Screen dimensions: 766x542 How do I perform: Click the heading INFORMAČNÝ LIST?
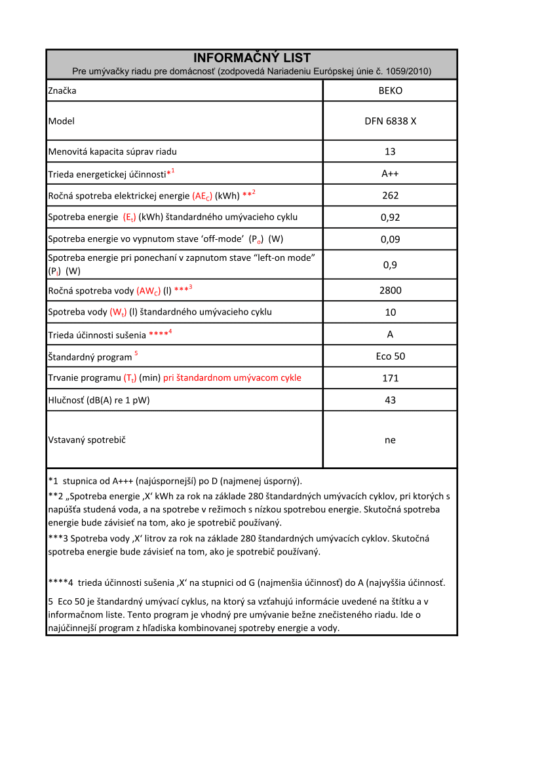click(252, 58)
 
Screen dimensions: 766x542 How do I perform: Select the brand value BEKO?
click(391, 90)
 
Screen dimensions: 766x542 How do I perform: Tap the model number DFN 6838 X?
click(391, 121)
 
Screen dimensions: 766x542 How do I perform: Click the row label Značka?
click(62, 90)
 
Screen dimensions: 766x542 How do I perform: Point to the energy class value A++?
click(391, 174)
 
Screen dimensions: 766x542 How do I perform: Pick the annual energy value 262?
click(391, 195)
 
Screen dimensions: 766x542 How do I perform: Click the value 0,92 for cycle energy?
click(391, 218)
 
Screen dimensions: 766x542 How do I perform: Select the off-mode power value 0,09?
click(391, 239)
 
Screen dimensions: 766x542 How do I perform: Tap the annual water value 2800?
click(391, 290)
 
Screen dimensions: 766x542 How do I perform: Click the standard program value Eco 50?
click(391, 356)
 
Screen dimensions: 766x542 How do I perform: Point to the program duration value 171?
click(391, 378)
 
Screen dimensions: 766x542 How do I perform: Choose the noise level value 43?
click(391, 400)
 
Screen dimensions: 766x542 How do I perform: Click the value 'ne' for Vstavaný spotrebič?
click(391, 440)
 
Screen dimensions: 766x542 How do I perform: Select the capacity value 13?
click(391, 151)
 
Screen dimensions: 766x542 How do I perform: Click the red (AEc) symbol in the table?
click(203, 196)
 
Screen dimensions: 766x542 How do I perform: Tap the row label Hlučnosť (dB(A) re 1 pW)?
click(99, 400)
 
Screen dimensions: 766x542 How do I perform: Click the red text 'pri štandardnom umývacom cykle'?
click(232, 378)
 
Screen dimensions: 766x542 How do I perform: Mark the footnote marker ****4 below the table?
click(61, 583)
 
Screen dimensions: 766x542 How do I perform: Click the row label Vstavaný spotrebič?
click(87, 440)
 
